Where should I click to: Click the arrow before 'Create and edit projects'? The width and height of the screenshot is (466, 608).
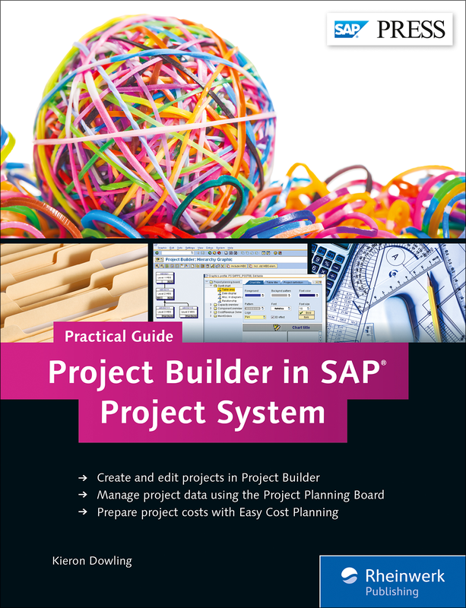[82, 478]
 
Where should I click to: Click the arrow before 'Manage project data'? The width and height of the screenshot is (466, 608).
[82, 496]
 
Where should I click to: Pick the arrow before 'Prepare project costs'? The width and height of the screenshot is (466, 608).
[82, 513]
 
